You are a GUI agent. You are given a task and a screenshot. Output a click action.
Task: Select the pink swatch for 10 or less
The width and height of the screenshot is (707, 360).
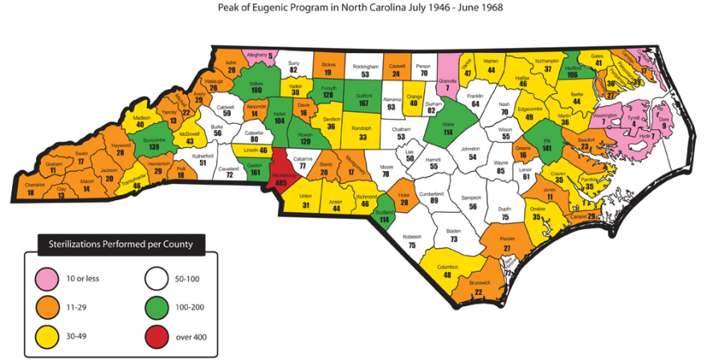[49, 277]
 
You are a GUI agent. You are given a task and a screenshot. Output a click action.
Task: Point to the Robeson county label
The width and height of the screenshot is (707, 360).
[412, 236]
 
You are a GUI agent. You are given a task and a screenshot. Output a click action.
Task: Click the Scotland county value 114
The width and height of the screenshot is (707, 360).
[384, 219]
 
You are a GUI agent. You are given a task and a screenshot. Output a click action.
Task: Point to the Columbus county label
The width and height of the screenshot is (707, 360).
[447, 267]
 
